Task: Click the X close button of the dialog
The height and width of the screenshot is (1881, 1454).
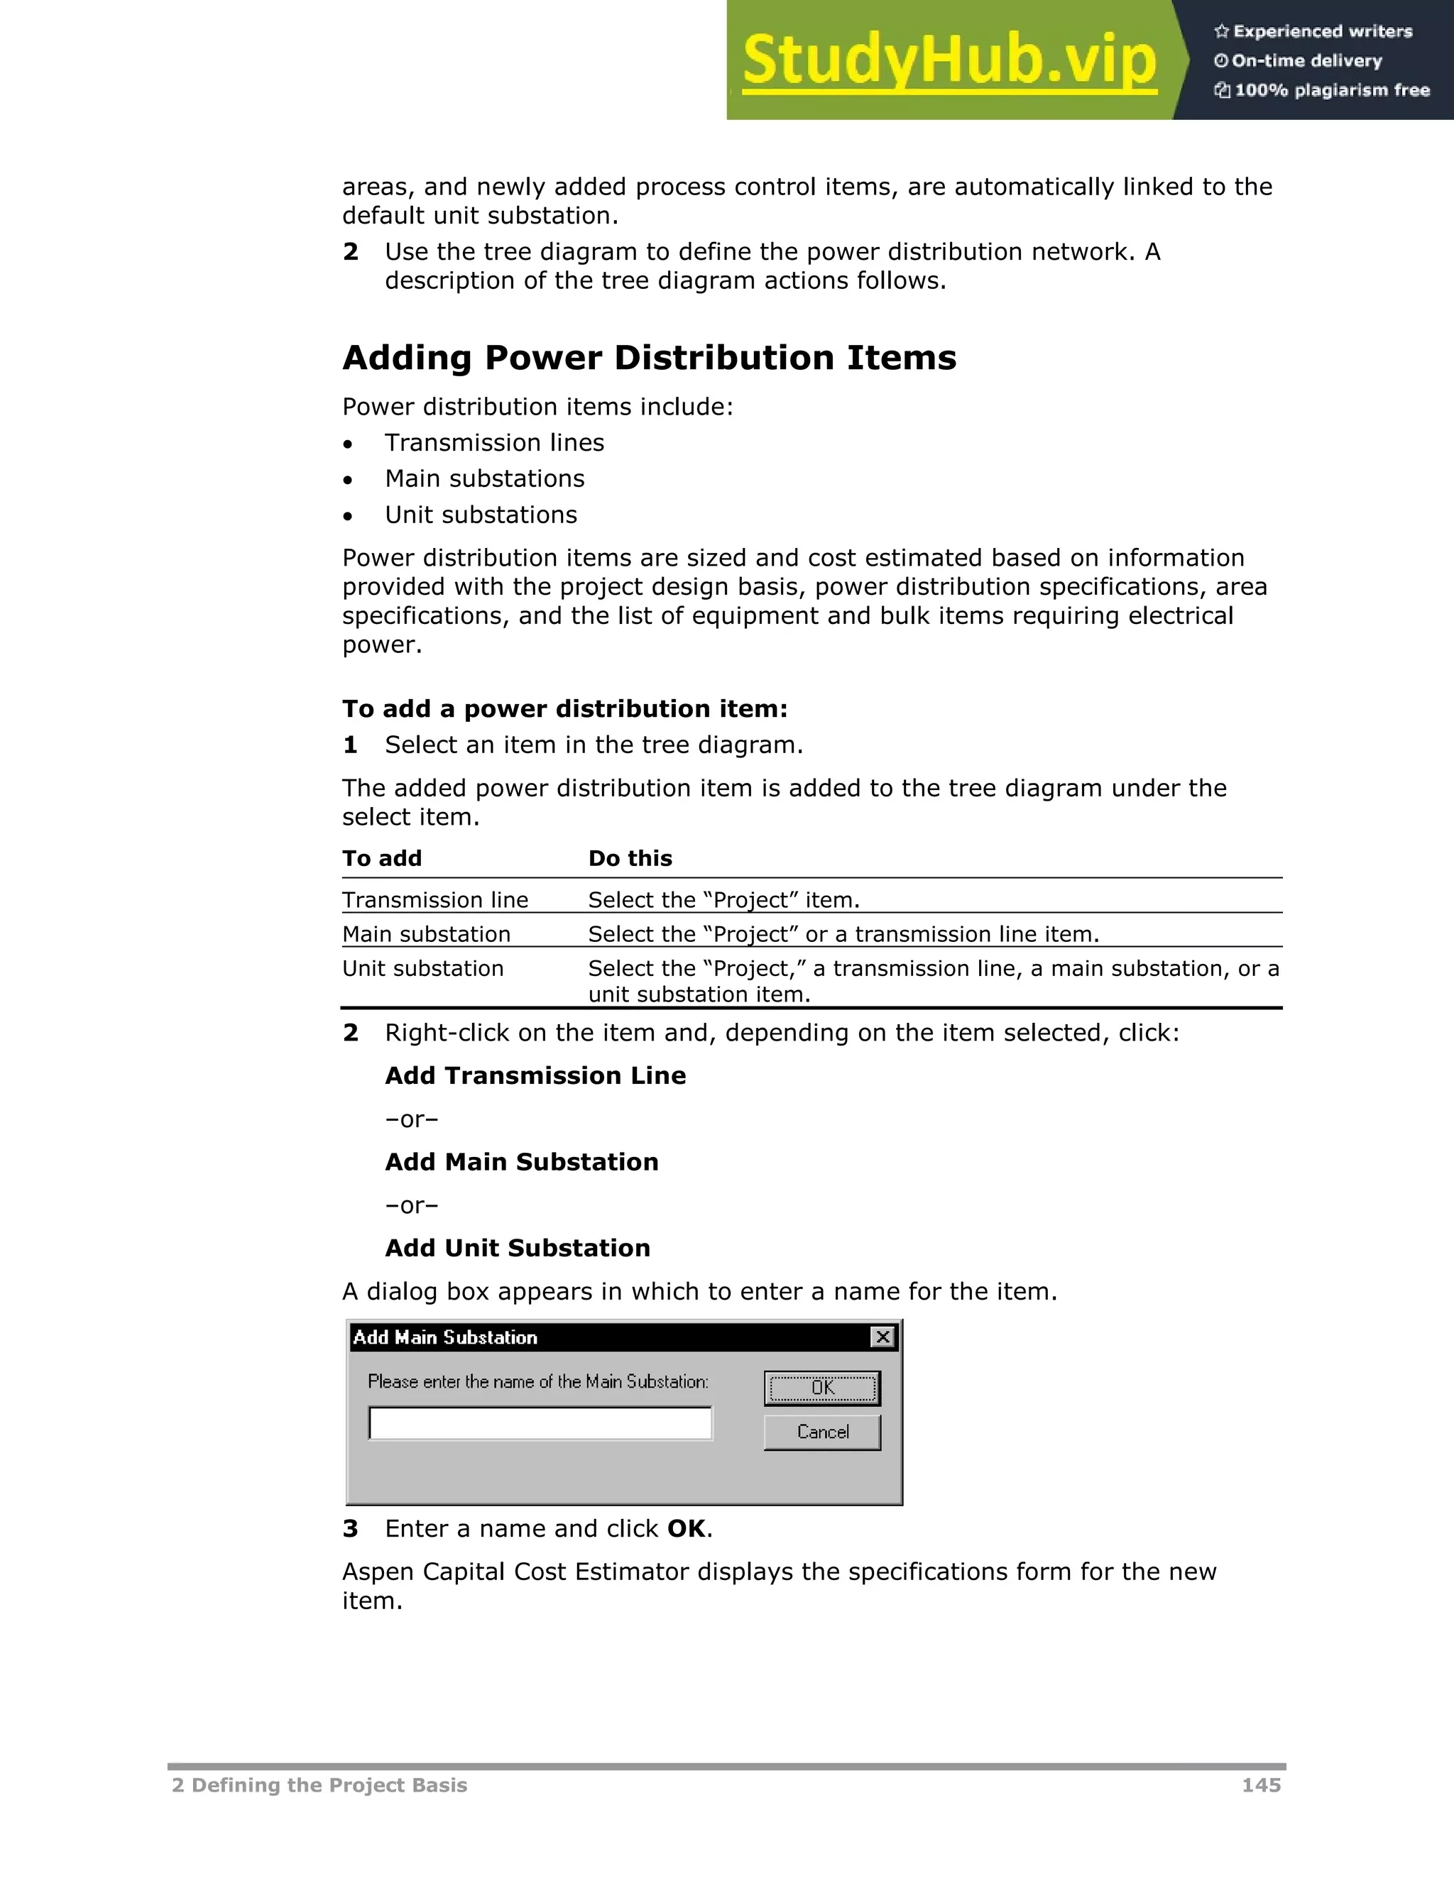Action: [x=883, y=1337]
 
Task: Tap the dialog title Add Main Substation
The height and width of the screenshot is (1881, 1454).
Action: [x=445, y=1337]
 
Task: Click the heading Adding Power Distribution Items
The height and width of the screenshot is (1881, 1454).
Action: [x=649, y=358]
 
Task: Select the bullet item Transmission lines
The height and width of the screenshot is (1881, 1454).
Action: [x=493, y=443]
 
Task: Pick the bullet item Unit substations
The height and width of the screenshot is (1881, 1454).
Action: [x=481, y=515]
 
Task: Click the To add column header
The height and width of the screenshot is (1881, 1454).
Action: [x=381, y=859]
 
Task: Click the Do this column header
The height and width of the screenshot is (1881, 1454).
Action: [x=630, y=859]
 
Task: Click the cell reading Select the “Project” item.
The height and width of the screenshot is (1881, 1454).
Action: [x=723, y=900]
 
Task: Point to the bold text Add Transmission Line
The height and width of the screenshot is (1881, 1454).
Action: [x=535, y=1075]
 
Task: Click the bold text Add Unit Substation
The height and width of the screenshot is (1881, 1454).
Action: [x=517, y=1248]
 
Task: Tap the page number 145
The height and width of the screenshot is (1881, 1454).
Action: [x=1260, y=1785]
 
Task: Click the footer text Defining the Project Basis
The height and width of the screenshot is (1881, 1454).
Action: [x=327, y=1785]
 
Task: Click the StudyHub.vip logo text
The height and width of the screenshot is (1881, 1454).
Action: [x=949, y=60]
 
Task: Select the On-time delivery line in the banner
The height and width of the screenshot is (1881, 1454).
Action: [x=1306, y=61]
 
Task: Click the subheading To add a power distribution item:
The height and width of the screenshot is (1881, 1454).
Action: [x=564, y=709]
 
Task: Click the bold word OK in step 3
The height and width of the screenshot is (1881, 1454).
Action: [x=686, y=1529]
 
